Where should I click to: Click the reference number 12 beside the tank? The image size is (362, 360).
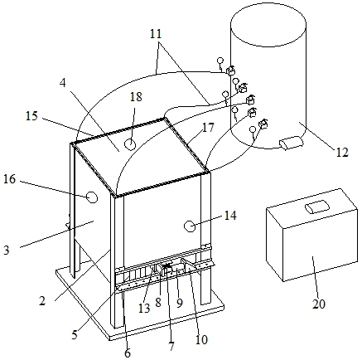[x=342, y=152]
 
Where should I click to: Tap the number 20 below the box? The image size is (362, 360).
[x=319, y=304]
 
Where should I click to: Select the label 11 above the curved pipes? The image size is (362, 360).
[x=156, y=34]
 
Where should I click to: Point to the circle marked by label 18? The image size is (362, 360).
[x=129, y=144]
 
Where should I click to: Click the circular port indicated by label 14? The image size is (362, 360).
[x=190, y=226]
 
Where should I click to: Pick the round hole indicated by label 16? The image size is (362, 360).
[x=92, y=197]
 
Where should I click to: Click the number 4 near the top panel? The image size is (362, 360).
[x=63, y=83]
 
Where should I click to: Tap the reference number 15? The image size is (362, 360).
[x=31, y=116]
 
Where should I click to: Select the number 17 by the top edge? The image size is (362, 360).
[x=208, y=128]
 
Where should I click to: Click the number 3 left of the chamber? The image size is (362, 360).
[x=7, y=250]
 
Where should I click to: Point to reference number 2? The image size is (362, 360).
[x=41, y=301]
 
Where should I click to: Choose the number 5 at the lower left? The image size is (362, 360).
[x=75, y=334]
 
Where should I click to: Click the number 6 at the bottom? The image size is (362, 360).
[x=128, y=353]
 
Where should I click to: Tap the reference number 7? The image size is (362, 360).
[x=171, y=346]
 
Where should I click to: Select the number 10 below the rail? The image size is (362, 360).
[x=201, y=340]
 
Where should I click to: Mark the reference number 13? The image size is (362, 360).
[x=144, y=308]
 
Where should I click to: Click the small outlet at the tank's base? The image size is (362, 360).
[x=292, y=144]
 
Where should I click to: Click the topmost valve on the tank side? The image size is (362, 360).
[x=230, y=71]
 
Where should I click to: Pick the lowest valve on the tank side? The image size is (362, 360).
[x=263, y=124]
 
